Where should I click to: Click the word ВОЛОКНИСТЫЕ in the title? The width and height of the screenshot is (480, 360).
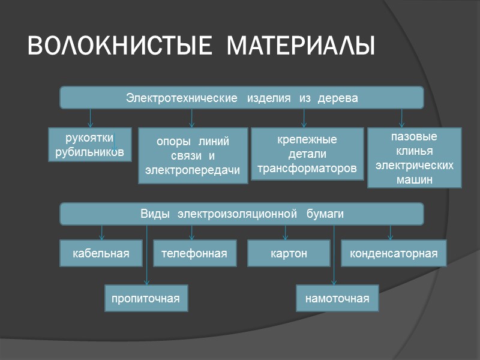(112, 46)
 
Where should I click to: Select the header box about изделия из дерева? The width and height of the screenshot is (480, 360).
(241, 98)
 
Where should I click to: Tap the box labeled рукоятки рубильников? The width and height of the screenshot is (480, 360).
(90, 145)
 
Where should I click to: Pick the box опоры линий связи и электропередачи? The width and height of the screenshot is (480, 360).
(193, 156)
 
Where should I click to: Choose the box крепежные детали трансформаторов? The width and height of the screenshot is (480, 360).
(307, 154)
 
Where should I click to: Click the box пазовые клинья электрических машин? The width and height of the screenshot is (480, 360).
(414, 158)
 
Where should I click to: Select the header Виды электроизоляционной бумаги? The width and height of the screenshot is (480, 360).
(241, 214)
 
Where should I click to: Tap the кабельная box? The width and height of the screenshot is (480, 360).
(101, 253)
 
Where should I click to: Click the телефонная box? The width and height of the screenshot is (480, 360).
(194, 253)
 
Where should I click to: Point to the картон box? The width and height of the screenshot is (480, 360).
(289, 253)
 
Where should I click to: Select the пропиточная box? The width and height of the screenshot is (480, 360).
(146, 298)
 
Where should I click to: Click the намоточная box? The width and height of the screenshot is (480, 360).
(337, 298)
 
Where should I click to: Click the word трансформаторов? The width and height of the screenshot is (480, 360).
(307, 169)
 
